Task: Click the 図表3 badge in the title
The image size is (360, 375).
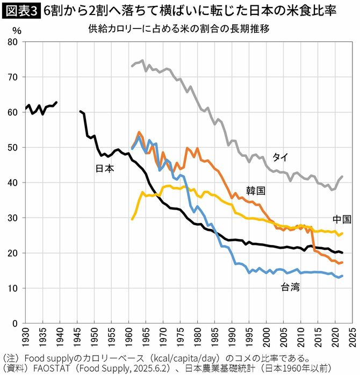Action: click(x=20, y=11)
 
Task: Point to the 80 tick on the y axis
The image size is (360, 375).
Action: click(x=13, y=42)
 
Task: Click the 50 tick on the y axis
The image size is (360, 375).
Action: click(x=13, y=148)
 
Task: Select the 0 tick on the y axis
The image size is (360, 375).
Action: click(x=16, y=323)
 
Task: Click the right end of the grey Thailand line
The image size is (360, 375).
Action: click(x=342, y=176)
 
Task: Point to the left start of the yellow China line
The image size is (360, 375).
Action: click(x=132, y=219)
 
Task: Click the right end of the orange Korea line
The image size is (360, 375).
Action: click(x=342, y=262)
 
